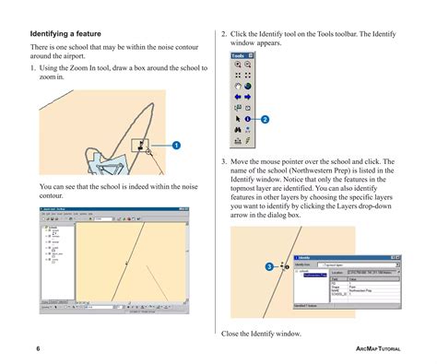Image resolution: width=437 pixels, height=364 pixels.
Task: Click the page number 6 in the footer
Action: click(38, 349)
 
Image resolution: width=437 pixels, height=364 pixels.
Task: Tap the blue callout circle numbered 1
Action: click(175, 146)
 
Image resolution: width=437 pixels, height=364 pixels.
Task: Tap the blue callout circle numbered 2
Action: click(265, 120)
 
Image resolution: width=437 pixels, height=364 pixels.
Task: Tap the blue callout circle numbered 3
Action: click(269, 266)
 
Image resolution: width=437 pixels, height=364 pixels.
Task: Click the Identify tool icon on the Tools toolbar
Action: click(248, 119)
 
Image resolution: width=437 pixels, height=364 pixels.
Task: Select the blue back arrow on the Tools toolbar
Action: click(237, 94)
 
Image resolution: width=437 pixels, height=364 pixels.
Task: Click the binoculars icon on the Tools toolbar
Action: click(237, 132)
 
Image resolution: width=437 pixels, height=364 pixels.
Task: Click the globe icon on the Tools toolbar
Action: click(248, 86)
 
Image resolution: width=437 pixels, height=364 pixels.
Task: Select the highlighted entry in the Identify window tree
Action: click(314, 275)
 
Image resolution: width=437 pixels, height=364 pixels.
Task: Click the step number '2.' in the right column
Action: click(224, 35)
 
